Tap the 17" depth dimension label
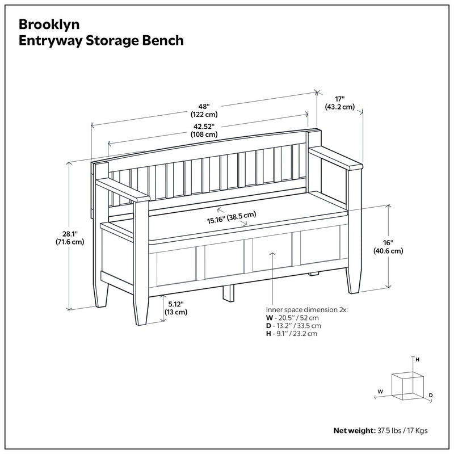coord(340,98)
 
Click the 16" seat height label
coord(388,242)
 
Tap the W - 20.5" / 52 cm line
coord(293,318)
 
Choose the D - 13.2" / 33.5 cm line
coord(294,326)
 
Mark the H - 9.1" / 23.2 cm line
coord(292,334)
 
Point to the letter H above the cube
coord(418,360)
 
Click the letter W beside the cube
coord(380,391)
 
